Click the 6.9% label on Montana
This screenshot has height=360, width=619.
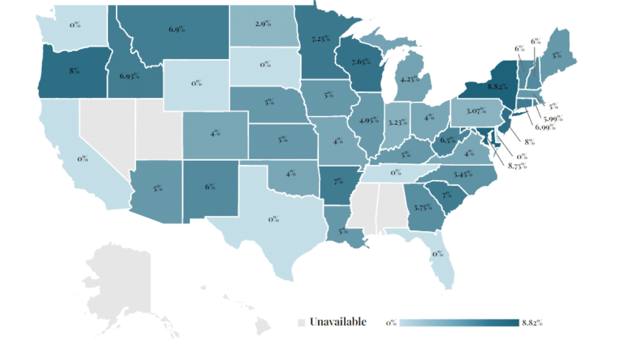pyautogui.click(x=177, y=29)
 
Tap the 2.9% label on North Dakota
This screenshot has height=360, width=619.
pyautogui.click(x=264, y=24)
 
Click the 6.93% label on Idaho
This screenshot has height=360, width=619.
pyautogui.click(x=130, y=76)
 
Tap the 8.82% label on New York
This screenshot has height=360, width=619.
pyautogui.click(x=497, y=87)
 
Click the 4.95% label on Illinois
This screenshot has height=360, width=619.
pyautogui.click(x=369, y=120)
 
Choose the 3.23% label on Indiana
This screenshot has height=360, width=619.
pyautogui.click(x=398, y=122)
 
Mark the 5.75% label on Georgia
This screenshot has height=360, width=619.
pyautogui.click(x=423, y=208)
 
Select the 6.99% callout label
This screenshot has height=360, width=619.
pyautogui.click(x=545, y=127)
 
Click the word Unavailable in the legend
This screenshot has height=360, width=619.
pyautogui.click(x=338, y=322)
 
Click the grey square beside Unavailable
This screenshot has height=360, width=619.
pyautogui.click(x=301, y=323)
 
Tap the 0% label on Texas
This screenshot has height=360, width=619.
pyautogui.click(x=274, y=218)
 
